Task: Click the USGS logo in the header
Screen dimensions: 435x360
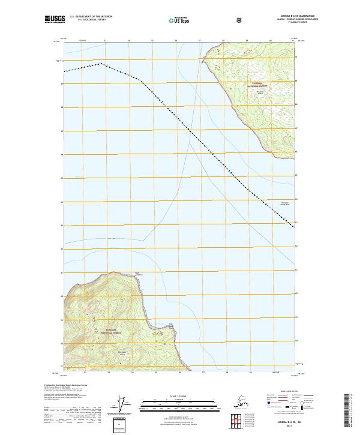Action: [x=56, y=20]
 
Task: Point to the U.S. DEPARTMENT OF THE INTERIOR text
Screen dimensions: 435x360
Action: [x=91, y=16]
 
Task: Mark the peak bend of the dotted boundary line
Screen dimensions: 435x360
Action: [x=102, y=63]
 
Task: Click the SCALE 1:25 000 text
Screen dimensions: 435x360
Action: [x=179, y=395]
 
